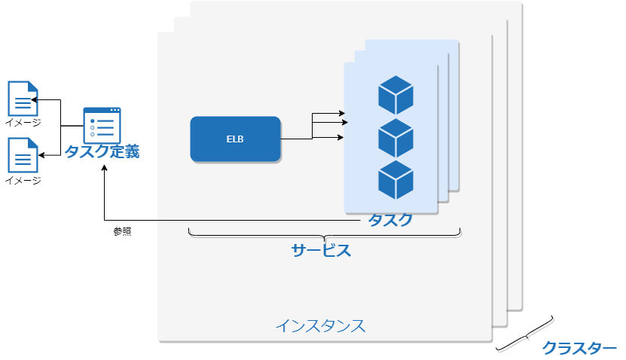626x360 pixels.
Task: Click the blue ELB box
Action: [x=235, y=139]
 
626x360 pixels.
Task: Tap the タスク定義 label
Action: [x=102, y=151]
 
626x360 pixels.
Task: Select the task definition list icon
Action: [x=102, y=125]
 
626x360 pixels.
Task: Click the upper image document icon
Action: [x=23, y=99]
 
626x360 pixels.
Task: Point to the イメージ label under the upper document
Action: [x=23, y=123]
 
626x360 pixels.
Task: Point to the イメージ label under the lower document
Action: [x=23, y=180]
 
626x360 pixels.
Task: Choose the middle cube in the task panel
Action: [x=395, y=139]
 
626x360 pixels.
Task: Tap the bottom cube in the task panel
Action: [x=395, y=180]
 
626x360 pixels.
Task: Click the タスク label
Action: [x=390, y=220]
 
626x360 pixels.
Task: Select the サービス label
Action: [x=321, y=251]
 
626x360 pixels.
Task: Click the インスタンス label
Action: [x=320, y=326]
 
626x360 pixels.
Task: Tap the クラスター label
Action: [x=579, y=348]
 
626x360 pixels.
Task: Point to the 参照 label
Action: [x=122, y=232]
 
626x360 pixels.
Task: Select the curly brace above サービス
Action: [x=324, y=235]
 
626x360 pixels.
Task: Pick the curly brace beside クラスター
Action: [x=525, y=334]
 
